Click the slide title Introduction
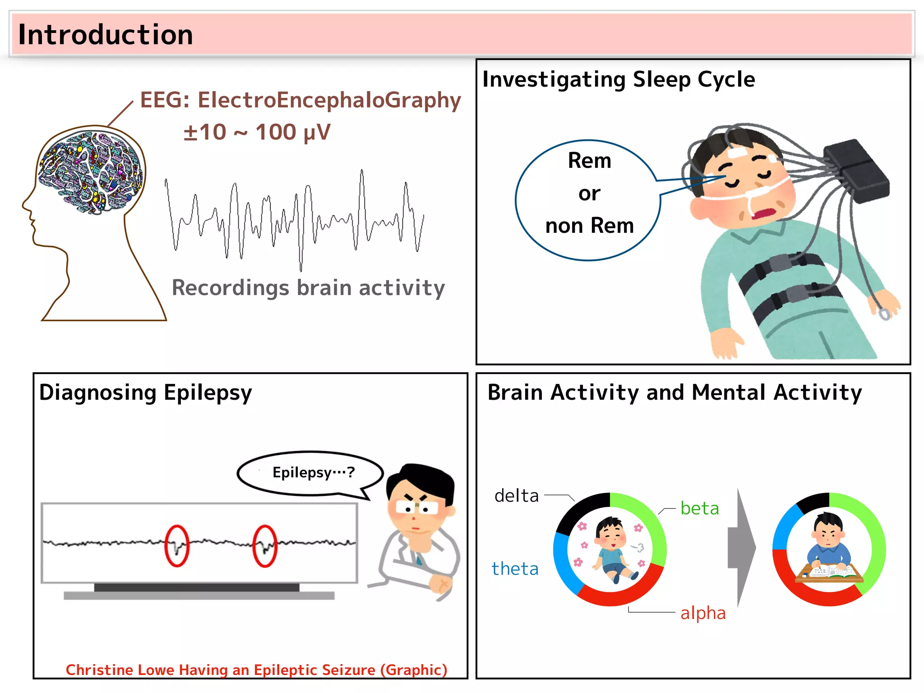click(106, 35)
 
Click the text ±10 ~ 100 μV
click(257, 133)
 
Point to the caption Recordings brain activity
click(308, 288)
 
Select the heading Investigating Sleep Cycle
click(619, 79)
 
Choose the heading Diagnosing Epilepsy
click(145, 393)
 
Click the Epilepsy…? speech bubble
click(311, 473)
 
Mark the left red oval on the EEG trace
click(176, 545)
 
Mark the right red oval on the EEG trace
click(264, 545)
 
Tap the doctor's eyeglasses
click(416, 508)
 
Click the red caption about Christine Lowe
click(256, 670)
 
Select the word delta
click(517, 496)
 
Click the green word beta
click(699, 508)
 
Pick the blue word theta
click(515, 569)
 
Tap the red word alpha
click(703, 613)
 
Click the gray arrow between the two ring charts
click(741, 548)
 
